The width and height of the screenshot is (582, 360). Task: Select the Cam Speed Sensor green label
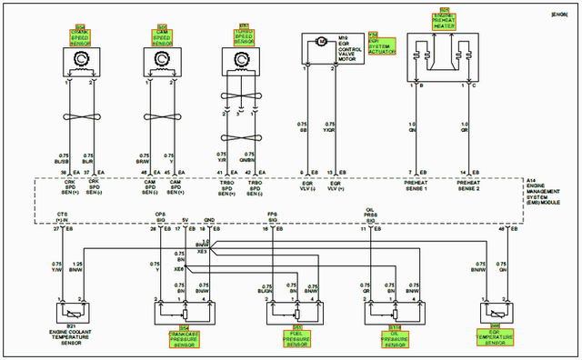click(162, 35)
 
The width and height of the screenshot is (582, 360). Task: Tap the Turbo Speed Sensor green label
click(244, 35)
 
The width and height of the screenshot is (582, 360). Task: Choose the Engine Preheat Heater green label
click(445, 21)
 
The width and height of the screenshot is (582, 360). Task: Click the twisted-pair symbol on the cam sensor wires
click(162, 119)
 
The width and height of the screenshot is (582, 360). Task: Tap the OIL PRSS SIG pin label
click(370, 215)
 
